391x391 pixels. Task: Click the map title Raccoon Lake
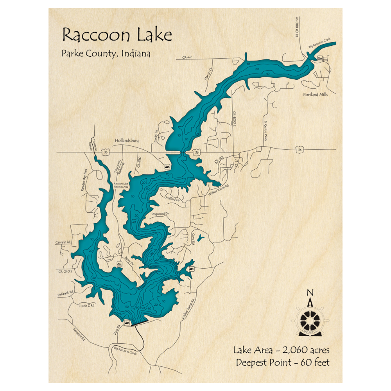point(117,35)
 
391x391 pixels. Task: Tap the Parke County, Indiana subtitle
point(106,54)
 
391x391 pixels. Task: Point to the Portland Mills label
point(316,95)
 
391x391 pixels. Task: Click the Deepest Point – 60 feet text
point(282,362)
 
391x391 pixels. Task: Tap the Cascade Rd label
point(63,242)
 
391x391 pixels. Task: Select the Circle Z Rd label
point(86,305)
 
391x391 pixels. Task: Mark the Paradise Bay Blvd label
point(83,180)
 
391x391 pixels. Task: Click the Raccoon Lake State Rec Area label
point(121,185)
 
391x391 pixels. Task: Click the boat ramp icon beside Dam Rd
point(127,322)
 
